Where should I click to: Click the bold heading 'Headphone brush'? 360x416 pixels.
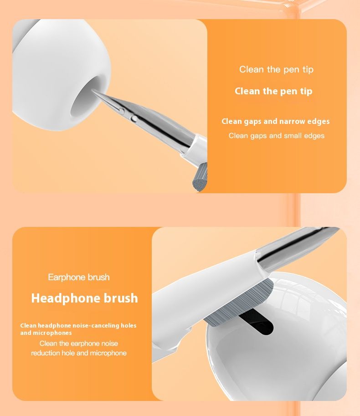point(85,298)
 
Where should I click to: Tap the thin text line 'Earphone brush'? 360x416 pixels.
point(79,277)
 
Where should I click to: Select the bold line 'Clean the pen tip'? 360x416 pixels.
point(273,91)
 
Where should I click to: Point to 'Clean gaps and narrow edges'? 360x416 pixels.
point(276,122)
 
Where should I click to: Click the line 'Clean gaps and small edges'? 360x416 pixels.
point(277,136)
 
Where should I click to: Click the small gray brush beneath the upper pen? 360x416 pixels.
point(199,178)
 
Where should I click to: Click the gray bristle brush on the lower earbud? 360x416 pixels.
point(239,303)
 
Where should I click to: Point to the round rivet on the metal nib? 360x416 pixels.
point(134,118)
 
